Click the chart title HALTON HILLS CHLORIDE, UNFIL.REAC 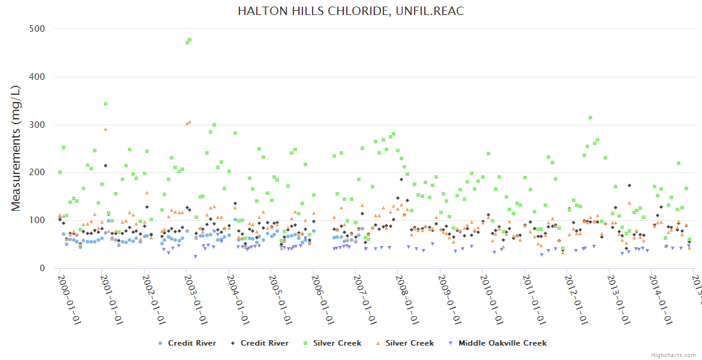[x=350, y=11]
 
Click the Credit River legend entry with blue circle [x=186, y=343]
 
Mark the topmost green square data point [x=190, y=40]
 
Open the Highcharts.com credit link [x=673, y=355]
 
